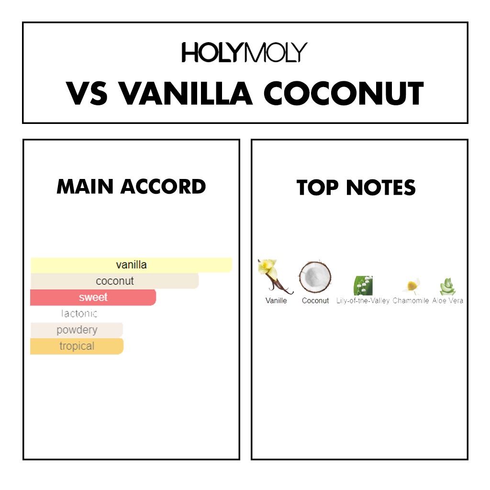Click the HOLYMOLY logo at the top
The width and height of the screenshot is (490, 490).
point(245,52)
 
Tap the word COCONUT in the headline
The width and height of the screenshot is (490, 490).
point(344,93)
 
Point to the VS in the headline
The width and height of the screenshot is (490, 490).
point(87,93)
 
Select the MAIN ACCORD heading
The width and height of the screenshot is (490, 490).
point(131,187)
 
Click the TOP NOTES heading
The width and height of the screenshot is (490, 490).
point(356,187)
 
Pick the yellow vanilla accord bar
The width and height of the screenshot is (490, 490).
point(131,265)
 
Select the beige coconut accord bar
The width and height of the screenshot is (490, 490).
point(115,281)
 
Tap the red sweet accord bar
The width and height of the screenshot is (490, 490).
point(93,297)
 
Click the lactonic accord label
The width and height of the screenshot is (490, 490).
point(79,313)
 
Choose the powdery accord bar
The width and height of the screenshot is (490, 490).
point(77,330)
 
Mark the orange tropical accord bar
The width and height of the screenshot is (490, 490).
point(77,346)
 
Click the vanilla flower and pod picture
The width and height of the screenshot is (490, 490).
point(275,277)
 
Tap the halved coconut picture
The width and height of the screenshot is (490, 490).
point(315,277)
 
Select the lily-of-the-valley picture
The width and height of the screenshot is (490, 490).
point(363,285)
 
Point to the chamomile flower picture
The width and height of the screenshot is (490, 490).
point(412,286)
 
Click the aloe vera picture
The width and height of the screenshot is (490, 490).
point(447,287)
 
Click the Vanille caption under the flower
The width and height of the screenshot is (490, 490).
point(276,301)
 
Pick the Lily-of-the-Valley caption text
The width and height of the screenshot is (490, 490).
point(363,301)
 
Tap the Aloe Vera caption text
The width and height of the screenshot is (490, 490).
point(447,301)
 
